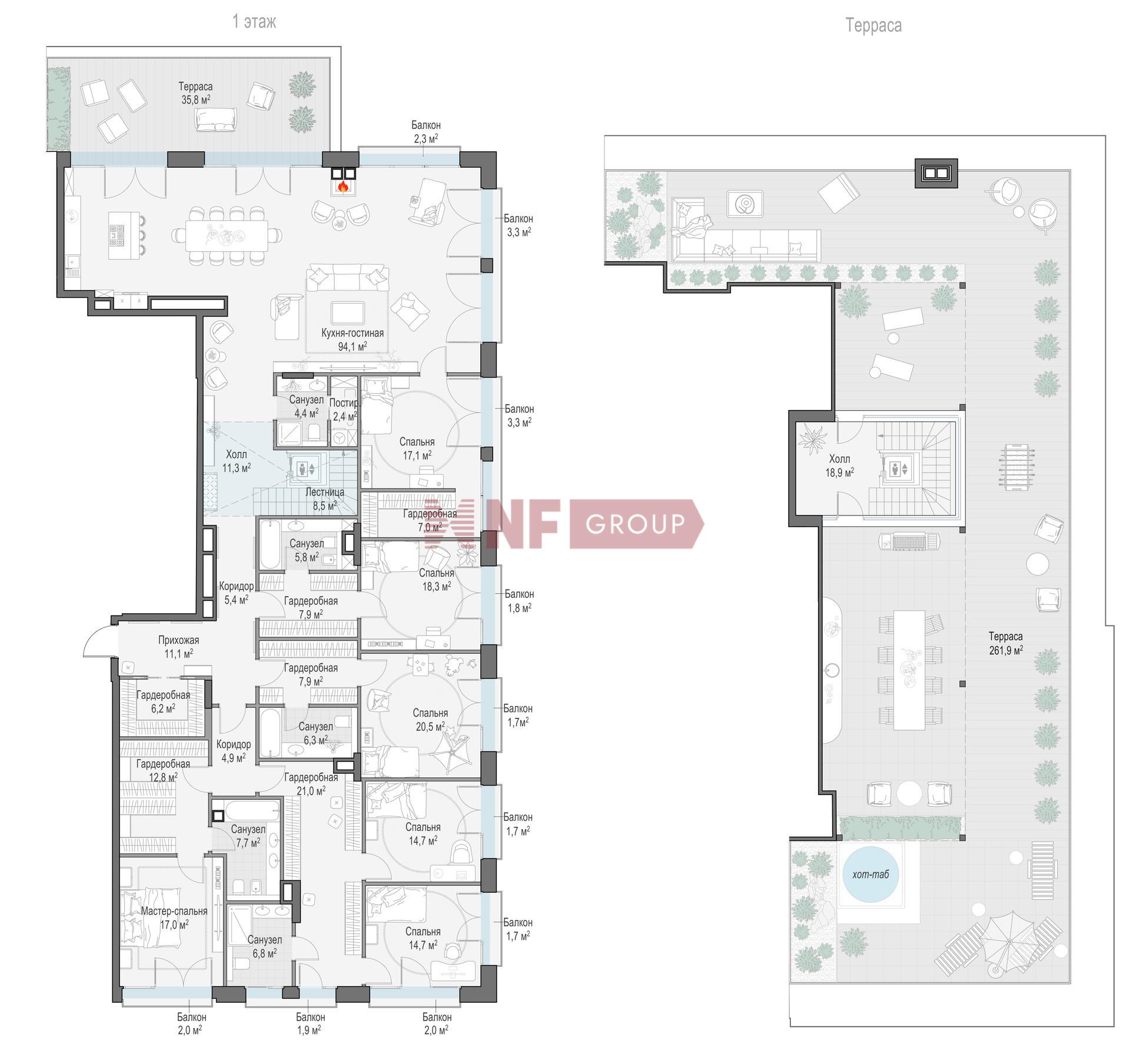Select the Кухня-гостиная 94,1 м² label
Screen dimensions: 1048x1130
(x=352, y=340)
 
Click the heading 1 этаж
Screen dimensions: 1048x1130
(x=254, y=22)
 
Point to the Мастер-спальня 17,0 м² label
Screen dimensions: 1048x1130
(x=174, y=917)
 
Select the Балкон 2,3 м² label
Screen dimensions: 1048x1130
(x=426, y=132)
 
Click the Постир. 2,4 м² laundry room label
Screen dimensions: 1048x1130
(x=344, y=410)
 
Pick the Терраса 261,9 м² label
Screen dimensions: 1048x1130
(x=1005, y=643)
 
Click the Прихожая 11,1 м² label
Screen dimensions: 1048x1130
(x=178, y=646)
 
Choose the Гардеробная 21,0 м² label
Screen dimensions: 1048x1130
(x=311, y=784)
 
